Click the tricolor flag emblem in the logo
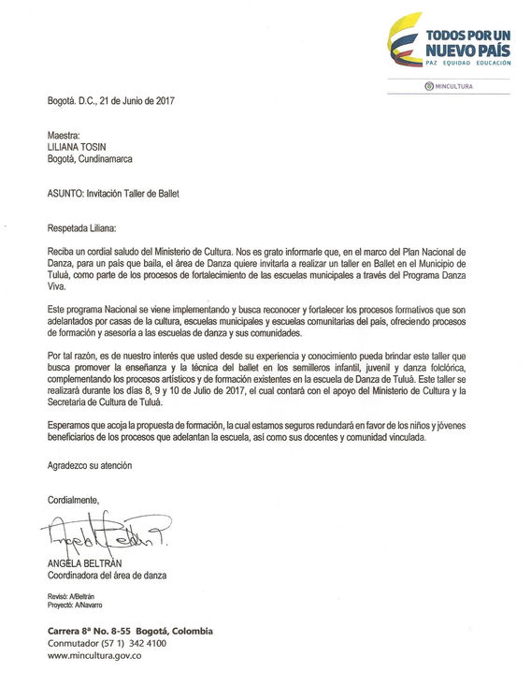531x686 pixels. [404, 45]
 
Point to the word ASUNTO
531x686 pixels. [65, 194]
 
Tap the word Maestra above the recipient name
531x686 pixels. [65, 135]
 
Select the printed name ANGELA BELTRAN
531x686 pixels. [88, 563]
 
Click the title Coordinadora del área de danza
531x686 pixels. [108, 576]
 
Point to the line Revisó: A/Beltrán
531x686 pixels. [71, 596]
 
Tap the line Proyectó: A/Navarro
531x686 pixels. [76, 606]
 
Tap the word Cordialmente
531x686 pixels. [73, 499]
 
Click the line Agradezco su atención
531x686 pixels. [90, 465]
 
